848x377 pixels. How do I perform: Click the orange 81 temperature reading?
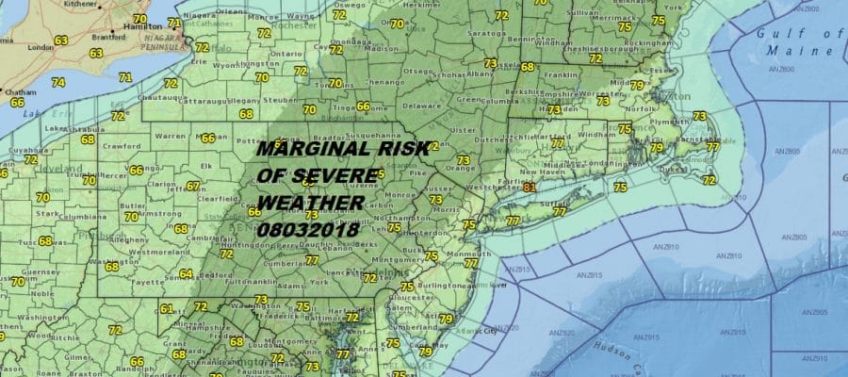pyautogui.click(x=530, y=187)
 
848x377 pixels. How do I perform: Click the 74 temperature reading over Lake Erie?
pyautogui.click(x=58, y=82)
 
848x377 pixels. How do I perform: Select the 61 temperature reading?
pyautogui.click(x=167, y=309)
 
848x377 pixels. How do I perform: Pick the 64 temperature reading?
pyautogui.click(x=187, y=274)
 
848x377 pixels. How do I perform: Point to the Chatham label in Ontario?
pyautogui.click(x=20, y=91)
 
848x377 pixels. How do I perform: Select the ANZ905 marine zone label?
pyautogui.click(x=812, y=312)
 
